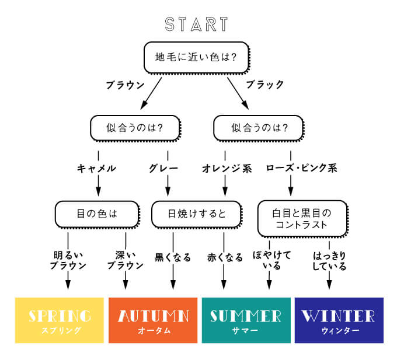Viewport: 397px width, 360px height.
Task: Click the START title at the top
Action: coord(196,25)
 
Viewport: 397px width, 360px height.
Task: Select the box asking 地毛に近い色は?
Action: coord(196,57)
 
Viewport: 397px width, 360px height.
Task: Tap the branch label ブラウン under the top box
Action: coord(125,85)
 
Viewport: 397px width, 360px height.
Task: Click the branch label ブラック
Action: coord(264,85)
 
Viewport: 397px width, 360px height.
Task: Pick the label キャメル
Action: coord(97,169)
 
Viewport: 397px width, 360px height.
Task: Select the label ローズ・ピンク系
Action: coord(301,169)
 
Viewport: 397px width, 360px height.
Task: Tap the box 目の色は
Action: coord(97,214)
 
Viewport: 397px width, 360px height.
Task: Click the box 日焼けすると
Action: coord(196,214)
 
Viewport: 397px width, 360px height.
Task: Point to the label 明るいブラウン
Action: coord(68,260)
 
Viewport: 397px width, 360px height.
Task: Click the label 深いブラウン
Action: coord(125,260)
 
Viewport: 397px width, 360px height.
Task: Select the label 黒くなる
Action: coord(173,257)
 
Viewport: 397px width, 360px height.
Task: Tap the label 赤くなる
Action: coord(224,257)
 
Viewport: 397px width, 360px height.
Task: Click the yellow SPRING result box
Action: coord(60,320)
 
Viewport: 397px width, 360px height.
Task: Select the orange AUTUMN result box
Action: coord(153,320)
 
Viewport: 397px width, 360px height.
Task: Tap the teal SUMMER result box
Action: coord(246,320)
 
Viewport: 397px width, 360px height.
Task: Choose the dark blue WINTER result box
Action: coord(339,320)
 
